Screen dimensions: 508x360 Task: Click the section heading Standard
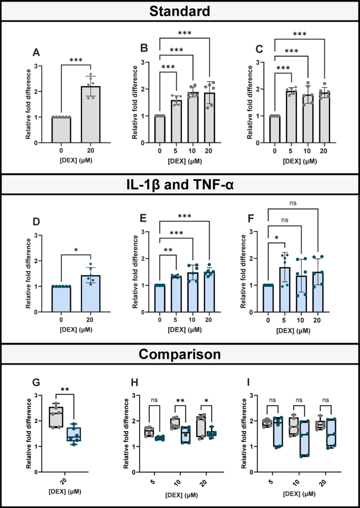(x=180, y=11)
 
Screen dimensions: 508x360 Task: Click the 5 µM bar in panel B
(x=176, y=121)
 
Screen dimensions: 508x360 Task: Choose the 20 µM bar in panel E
(x=209, y=292)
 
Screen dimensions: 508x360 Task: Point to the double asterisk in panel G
(x=66, y=389)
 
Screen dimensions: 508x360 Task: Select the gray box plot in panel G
(x=56, y=417)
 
